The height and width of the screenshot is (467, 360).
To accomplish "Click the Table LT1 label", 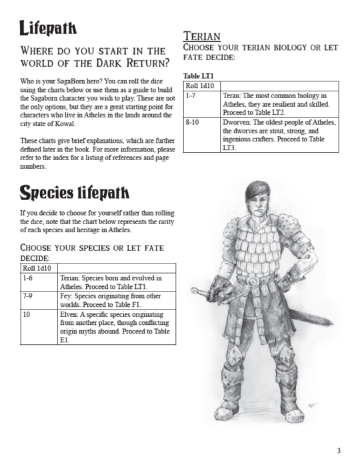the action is pos(199,76).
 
